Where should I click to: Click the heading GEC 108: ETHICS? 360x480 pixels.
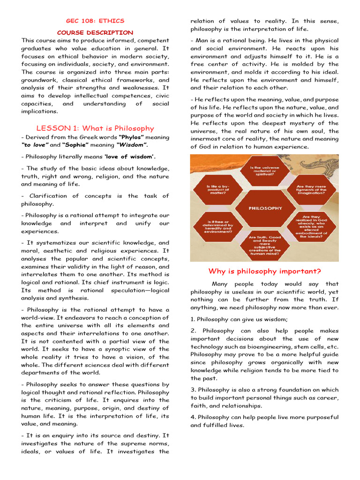(x=95, y=21)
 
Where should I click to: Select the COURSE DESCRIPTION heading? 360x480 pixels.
(x=95, y=32)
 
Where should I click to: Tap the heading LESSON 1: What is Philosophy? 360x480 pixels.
(x=95, y=128)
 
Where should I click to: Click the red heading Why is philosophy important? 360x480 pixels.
(x=264, y=271)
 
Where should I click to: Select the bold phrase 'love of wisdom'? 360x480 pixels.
(x=130, y=157)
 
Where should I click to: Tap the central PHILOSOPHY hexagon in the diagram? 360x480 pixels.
(x=265, y=208)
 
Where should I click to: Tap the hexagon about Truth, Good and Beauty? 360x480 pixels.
(x=265, y=245)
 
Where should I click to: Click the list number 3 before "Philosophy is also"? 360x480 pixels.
(x=193, y=390)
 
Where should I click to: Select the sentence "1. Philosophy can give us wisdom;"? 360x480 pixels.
(x=239, y=319)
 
